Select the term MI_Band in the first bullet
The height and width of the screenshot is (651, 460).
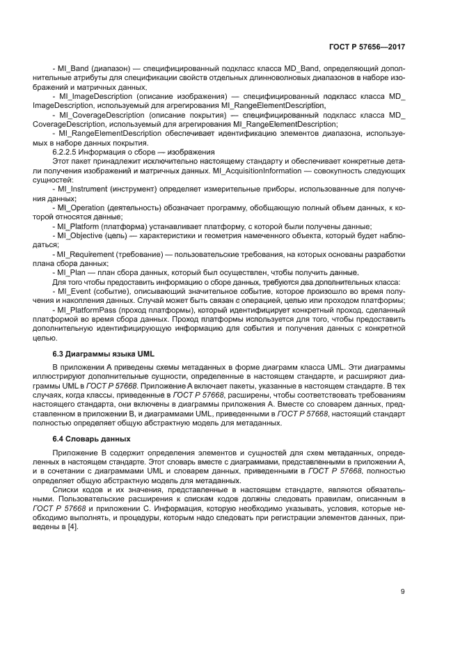(72, 70)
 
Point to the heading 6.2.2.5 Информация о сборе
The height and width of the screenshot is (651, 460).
(134, 152)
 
